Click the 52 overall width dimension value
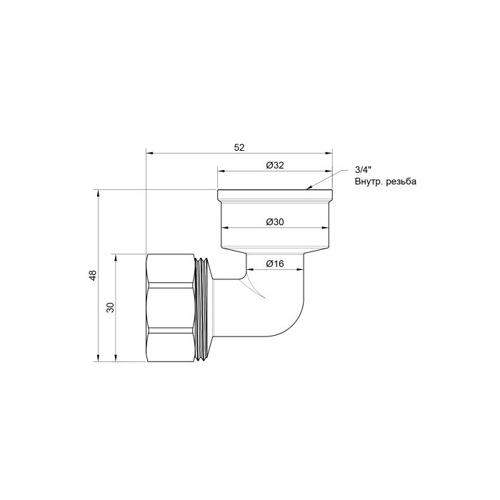pyautogui.click(x=239, y=147)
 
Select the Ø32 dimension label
pyautogui.click(x=275, y=166)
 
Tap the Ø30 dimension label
pyautogui.click(x=275, y=222)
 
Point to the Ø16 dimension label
pyautogui.click(x=275, y=264)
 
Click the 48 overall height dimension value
pyautogui.click(x=92, y=276)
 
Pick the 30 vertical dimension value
pyautogui.click(x=110, y=308)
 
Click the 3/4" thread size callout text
pyautogui.click(x=363, y=170)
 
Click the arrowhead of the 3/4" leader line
pyautogui.click(x=309, y=188)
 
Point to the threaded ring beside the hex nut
pyautogui.click(x=205, y=308)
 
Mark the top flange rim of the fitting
pyautogui.click(x=275, y=194)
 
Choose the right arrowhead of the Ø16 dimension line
pyautogui.click(x=303, y=270)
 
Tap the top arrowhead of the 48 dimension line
pyautogui.click(x=98, y=193)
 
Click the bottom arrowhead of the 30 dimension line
pyautogui.click(x=115, y=359)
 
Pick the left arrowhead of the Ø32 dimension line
pyautogui.click(x=221, y=171)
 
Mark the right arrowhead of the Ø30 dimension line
pyautogui.click(x=326, y=228)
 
